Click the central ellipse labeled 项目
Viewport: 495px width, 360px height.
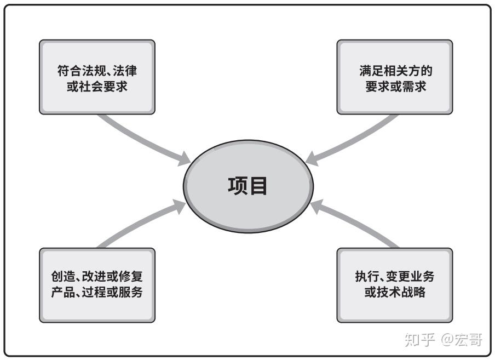click(248, 186)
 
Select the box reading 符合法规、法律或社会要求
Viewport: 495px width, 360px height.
click(97, 77)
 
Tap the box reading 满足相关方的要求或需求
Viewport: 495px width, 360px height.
click(395, 77)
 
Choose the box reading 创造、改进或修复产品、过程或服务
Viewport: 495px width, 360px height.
click(97, 284)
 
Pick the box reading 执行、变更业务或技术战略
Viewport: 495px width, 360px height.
click(395, 284)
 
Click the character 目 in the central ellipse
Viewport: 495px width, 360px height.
click(258, 186)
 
